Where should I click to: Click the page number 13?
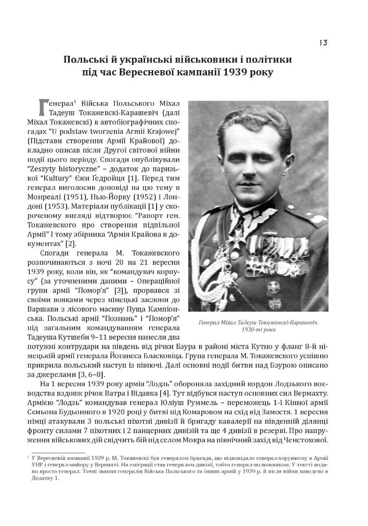click(x=323, y=43)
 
